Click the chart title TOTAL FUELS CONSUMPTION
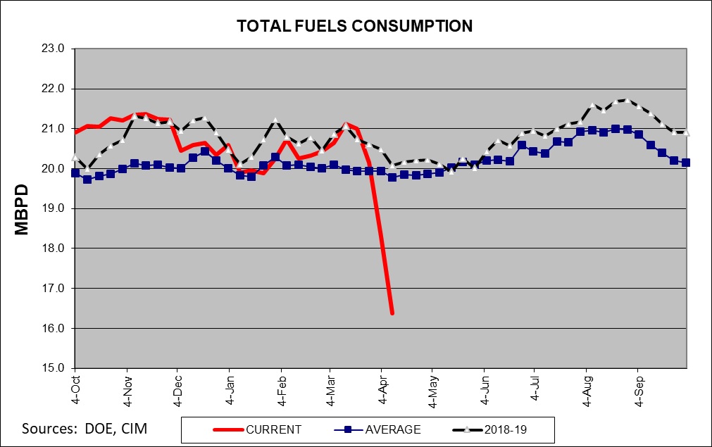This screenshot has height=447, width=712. coord(355,26)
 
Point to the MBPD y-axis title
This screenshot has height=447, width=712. coord(21,210)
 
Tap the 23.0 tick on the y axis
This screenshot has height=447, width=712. coord(53,49)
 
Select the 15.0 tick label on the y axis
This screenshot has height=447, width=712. coord(53,368)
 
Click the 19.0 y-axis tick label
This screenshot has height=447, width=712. coord(53,208)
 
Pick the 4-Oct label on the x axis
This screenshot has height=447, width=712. coord(76,390)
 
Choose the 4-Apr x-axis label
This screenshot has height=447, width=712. coord(383,390)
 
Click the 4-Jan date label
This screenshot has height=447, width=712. coord(230,390)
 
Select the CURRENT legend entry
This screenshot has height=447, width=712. coord(257,429)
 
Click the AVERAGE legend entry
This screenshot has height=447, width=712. coord(377,429)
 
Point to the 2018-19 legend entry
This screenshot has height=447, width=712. coord(490,429)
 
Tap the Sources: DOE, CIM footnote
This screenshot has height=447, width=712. coord(85,429)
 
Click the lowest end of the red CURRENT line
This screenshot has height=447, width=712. coord(392,313)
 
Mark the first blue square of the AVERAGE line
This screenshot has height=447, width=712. coord(75,173)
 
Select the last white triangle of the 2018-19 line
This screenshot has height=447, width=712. coord(686,132)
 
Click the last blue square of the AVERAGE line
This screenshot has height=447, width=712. coord(686,163)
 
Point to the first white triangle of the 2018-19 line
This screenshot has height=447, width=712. coord(75,157)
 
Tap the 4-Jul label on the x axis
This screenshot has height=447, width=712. coord(536,388)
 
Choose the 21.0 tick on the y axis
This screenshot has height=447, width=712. coord(53,128)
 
